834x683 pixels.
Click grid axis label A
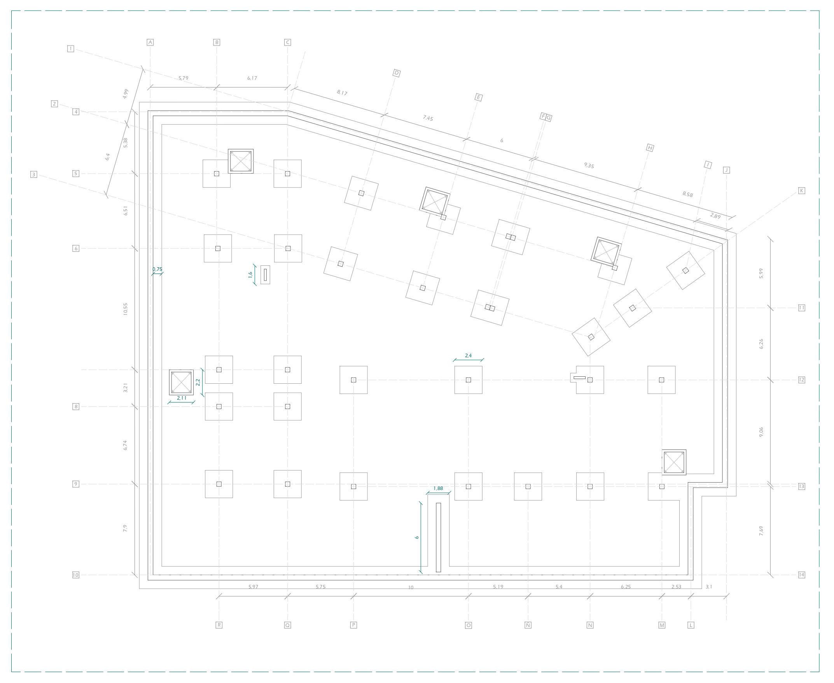pyautogui.click(x=150, y=42)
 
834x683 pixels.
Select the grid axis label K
pyautogui.click(x=801, y=191)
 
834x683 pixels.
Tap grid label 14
pyautogui.click(x=801, y=575)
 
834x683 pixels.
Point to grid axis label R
pyautogui.click(x=219, y=625)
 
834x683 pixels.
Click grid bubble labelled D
pyautogui.click(x=397, y=73)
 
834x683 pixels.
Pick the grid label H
pyautogui.click(x=650, y=148)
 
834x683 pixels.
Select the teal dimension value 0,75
pyautogui.click(x=157, y=269)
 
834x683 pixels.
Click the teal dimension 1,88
pyautogui.click(x=438, y=489)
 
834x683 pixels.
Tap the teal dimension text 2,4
pyautogui.click(x=468, y=356)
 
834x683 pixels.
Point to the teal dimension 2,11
pyautogui.click(x=181, y=398)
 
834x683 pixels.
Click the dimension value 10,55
pyautogui.click(x=125, y=309)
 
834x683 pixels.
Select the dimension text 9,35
pyautogui.click(x=589, y=166)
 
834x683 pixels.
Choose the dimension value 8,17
pyautogui.click(x=342, y=93)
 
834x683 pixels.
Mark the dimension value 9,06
pyautogui.click(x=761, y=432)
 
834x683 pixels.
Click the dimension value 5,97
pyautogui.click(x=254, y=587)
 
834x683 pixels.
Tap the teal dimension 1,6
pyautogui.click(x=250, y=275)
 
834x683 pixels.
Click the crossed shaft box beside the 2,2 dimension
pyautogui.click(x=181, y=382)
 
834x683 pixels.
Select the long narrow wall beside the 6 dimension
pyautogui.click(x=438, y=537)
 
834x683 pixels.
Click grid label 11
pyautogui.click(x=801, y=308)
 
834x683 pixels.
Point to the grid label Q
pyautogui.click(x=288, y=625)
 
